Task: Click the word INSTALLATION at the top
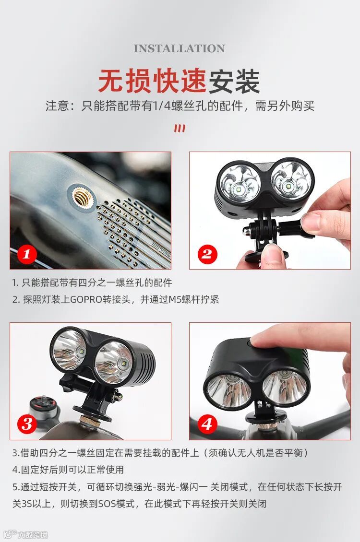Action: [x=179, y=48]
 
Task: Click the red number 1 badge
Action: [x=26, y=254]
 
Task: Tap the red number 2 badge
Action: [x=207, y=254]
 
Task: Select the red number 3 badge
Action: [x=26, y=424]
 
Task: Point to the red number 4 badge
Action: [x=207, y=424]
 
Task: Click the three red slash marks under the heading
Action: [x=180, y=129]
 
